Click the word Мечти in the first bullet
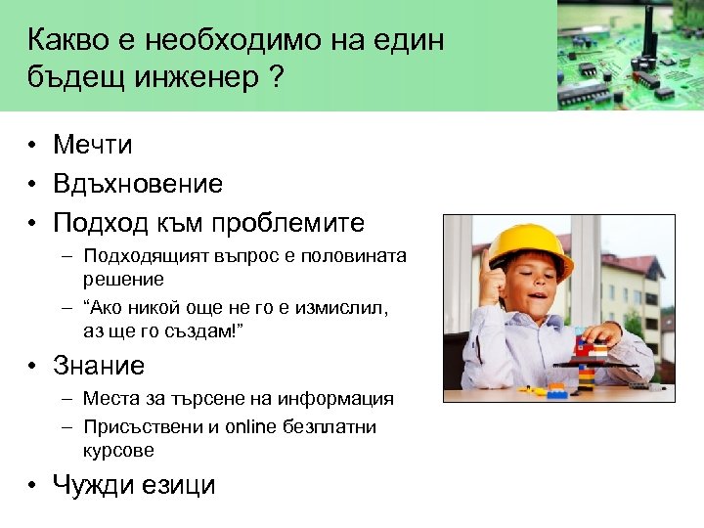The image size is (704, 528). click(93, 145)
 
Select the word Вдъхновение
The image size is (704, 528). click(138, 184)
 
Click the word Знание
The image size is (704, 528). click(99, 366)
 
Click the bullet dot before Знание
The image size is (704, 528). click(33, 367)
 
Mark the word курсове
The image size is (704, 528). click(119, 452)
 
